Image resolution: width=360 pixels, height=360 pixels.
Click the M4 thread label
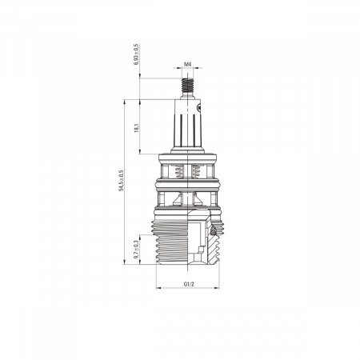coord(188,64)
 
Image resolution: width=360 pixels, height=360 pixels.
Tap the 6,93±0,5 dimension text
coord(137,54)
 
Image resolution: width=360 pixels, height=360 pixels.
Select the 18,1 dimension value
coord(137,128)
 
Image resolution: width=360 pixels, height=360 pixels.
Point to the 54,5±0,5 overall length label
coord(122,181)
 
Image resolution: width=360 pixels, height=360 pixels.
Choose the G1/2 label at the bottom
coord(189,284)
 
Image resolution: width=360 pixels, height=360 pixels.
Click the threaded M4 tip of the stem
coord(188,85)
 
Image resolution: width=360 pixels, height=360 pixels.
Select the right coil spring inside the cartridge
coord(196,171)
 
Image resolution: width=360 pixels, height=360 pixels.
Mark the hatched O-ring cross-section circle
coord(213,232)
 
